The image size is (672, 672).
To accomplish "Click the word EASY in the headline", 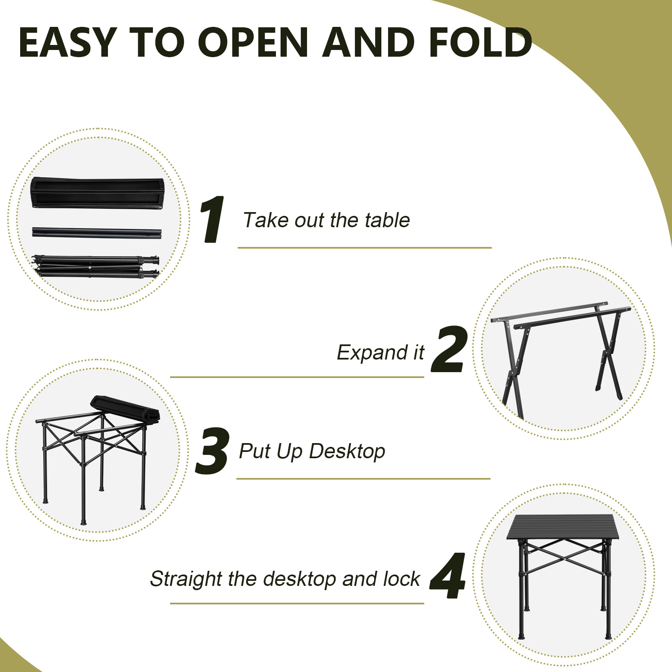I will click(67, 42).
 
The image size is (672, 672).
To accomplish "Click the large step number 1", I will click(213, 219).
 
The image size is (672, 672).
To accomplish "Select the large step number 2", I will click(449, 349).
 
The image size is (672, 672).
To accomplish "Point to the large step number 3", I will click(213, 451).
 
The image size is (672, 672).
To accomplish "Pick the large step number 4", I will click(448, 576).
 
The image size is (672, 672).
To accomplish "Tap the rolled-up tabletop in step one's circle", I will click(97, 193).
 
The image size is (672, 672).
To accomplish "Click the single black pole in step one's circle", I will click(97, 233).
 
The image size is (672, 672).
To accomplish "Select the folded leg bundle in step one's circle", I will click(96, 266).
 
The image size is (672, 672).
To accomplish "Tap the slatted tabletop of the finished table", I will click(563, 528).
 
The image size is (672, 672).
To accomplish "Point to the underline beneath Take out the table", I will click(364, 248).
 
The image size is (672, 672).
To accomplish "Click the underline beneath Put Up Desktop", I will click(363, 478).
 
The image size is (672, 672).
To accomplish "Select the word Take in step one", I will click(260, 220).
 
